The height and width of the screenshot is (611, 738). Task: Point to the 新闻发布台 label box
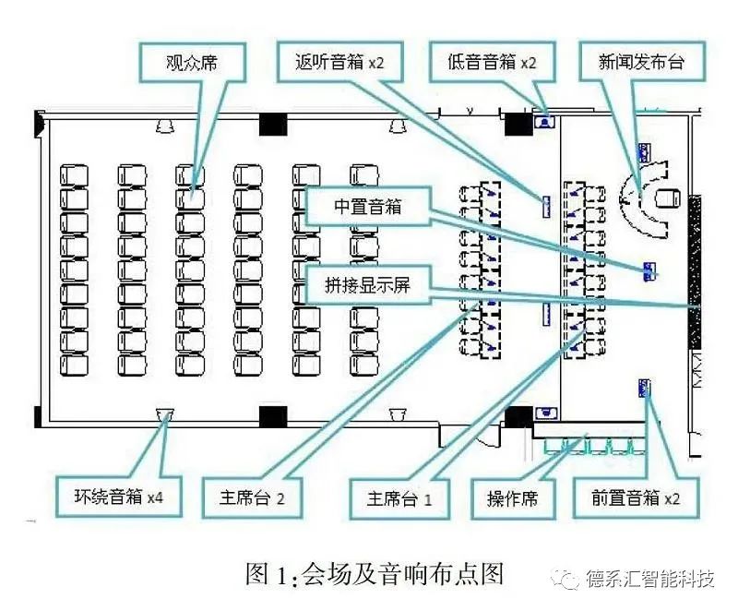click(x=642, y=64)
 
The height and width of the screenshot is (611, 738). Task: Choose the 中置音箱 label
click(x=368, y=209)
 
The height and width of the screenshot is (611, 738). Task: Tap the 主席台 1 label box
click(x=399, y=497)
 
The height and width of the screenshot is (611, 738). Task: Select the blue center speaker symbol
click(x=649, y=270)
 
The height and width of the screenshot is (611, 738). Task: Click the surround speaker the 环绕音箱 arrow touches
click(x=166, y=413)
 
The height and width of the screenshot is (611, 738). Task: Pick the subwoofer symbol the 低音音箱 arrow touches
click(x=545, y=118)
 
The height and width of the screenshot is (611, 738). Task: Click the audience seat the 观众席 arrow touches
click(x=190, y=195)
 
